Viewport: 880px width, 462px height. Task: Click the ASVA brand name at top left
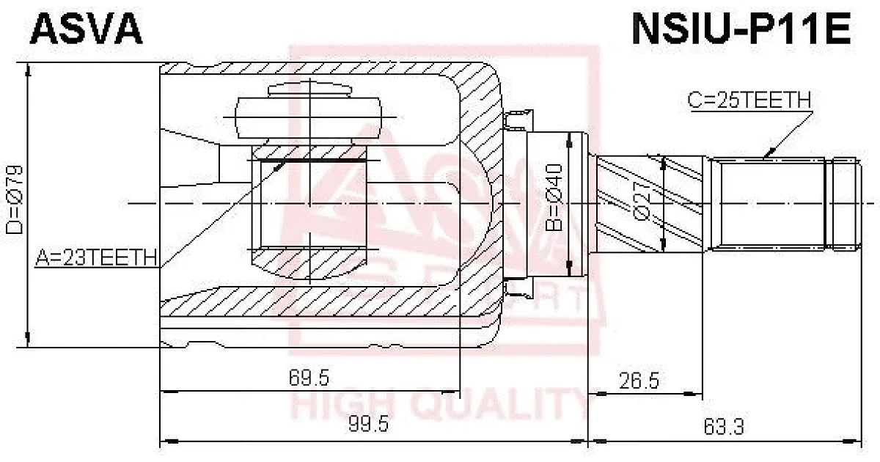(86, 29)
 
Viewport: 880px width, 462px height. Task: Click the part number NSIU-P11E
(741, 29)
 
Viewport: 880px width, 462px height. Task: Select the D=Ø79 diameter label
(15, 200)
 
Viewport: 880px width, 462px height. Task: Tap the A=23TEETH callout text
(97, 257)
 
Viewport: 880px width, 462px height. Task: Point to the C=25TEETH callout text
(749, 100)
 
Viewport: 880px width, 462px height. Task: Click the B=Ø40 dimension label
(554, 197)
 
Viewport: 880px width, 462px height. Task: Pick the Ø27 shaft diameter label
(642, 201)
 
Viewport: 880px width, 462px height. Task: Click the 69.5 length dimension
(309, 378)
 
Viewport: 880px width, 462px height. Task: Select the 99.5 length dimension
(368, 425)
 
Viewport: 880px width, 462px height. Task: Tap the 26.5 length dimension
(639, 381)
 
